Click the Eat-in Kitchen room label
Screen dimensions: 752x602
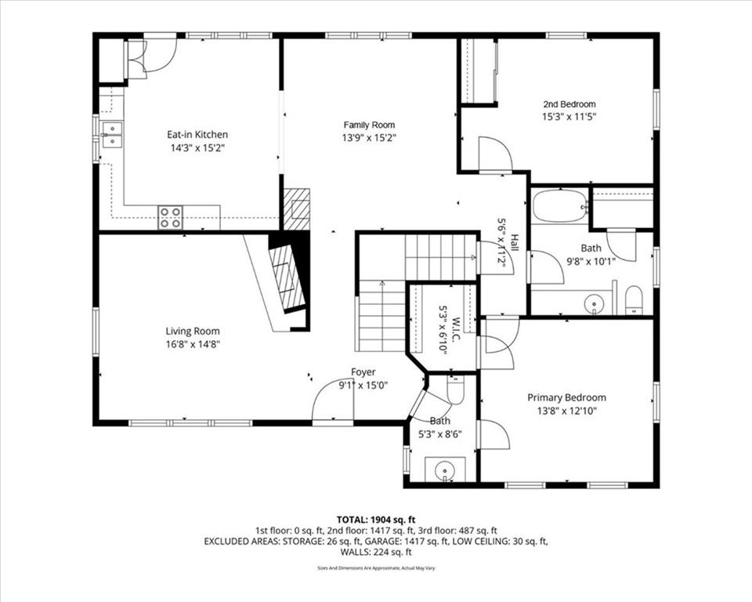pos(197,134)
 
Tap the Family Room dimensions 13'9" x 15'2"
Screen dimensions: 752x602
pos(369,138)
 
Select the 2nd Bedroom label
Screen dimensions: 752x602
pos(569,104)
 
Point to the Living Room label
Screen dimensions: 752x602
pos(193,332)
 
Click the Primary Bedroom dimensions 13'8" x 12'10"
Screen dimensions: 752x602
pos(567,411)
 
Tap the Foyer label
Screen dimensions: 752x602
pos(363,372)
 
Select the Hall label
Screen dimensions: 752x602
pos(514,243)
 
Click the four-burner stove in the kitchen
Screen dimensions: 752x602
pos(171,217)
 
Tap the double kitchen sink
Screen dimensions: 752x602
pos(112,134)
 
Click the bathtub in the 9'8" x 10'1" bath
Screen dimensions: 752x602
pos(560,206)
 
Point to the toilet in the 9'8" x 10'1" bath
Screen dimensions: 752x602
pos(634,299)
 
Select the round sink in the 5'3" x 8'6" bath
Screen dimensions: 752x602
pos(445,468)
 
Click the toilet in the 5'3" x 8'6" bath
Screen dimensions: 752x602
pos(454,390)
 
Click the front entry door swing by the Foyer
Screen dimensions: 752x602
pos(332,400)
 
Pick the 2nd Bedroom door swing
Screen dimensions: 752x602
pos(496,154)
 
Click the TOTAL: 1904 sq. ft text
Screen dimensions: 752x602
pos(376,520)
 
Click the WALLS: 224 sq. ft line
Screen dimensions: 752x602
pos(376,552)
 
